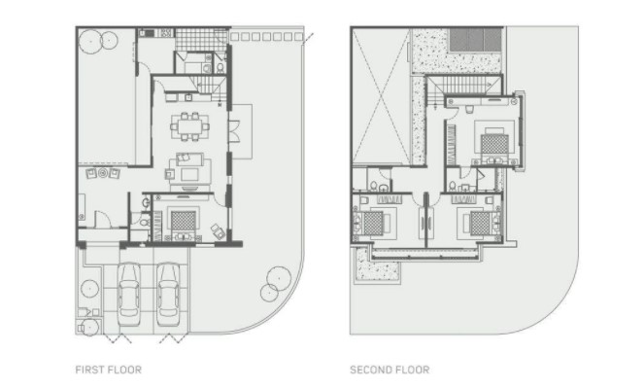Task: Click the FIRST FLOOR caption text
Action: tap(109, 370)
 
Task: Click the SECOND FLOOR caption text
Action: tap(390, 370)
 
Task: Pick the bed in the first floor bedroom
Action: tap(183, 221)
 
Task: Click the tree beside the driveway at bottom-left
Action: tap(89, 289)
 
